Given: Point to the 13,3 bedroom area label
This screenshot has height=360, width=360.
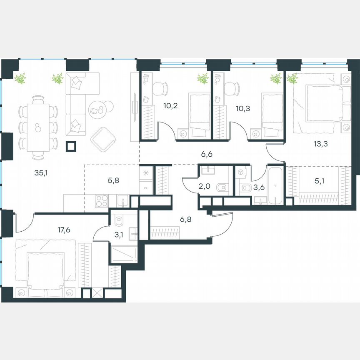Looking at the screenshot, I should [x=320, y=144].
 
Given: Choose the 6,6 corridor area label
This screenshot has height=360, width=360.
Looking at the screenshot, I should [x=207, y=155].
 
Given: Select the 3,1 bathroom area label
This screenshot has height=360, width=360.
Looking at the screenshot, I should [x=120, y=233].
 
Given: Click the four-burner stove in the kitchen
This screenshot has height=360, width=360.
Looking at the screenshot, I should [x=102, y=201].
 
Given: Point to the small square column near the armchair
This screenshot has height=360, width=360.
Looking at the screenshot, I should [x=71, y=146].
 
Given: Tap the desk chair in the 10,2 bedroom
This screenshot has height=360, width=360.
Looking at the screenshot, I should [x=160, y=88].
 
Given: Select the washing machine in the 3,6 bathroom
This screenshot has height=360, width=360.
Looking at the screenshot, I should [x=241, y=172].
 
